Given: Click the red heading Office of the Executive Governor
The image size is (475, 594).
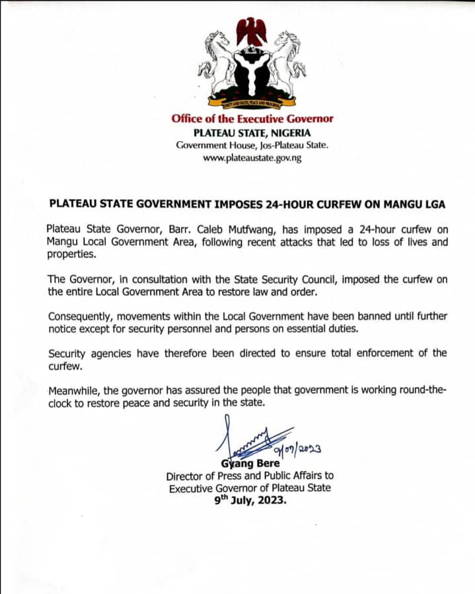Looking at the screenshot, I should pyautogui.click(x=252, y=119).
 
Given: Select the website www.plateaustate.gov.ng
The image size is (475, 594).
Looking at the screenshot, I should pyautogui.click(x=252, y=159).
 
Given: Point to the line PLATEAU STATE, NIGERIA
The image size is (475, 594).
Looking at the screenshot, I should pyautogui.click(x=252, y=132).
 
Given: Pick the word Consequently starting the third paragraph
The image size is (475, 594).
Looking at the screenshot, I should pyautogui.click(x=81, y=316).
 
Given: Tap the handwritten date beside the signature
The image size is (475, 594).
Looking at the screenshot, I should pyautogui.click(x=299, y=450).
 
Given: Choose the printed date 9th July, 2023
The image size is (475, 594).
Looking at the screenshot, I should pyautogui.click(x=252, y=501).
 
